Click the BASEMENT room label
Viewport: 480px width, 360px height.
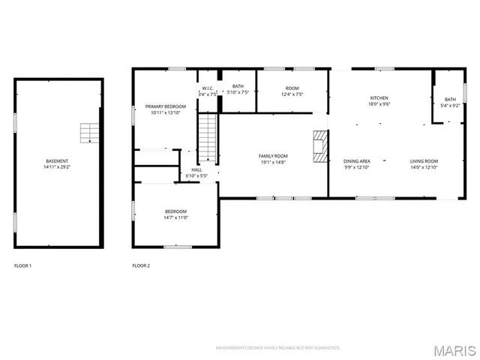pyautogui.click(x=57, y=161)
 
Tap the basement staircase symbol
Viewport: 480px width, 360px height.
pyautogui.click(x=89, y=133)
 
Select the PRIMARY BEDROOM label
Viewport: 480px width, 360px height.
pyautogui.click(x=165, y=107)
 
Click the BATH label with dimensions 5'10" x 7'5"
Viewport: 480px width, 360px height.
pyautogui.click(x=238, y=86)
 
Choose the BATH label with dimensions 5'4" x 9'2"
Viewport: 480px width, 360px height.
pyautogui.click(x=449, y=100)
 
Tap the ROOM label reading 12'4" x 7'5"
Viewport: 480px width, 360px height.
pyautogui.click(x=292, y=88)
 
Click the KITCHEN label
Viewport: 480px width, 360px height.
pyautogui.click(x=379, y=99)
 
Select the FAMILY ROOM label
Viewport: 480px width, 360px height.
pyautogui.click(x=274, y=156)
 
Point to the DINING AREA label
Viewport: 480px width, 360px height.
pyautogui.click(x=357, y=161)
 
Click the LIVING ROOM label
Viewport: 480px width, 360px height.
pyautogui.click(x=424, y=161)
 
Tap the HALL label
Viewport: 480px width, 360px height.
pyautogui.click(x=196, y=169)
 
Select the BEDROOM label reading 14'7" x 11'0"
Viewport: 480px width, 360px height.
pyautogui.click(x=175, y=211)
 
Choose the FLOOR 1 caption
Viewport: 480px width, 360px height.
pyautogui.click(x=23, y=265)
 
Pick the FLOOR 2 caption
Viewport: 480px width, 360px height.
pyautogui.click(x=141, y=265)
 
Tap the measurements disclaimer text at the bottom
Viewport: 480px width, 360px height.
pyautogui.click(x=277, y=348)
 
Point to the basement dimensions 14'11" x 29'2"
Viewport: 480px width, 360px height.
pyautogui.click(x=57, y=167)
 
